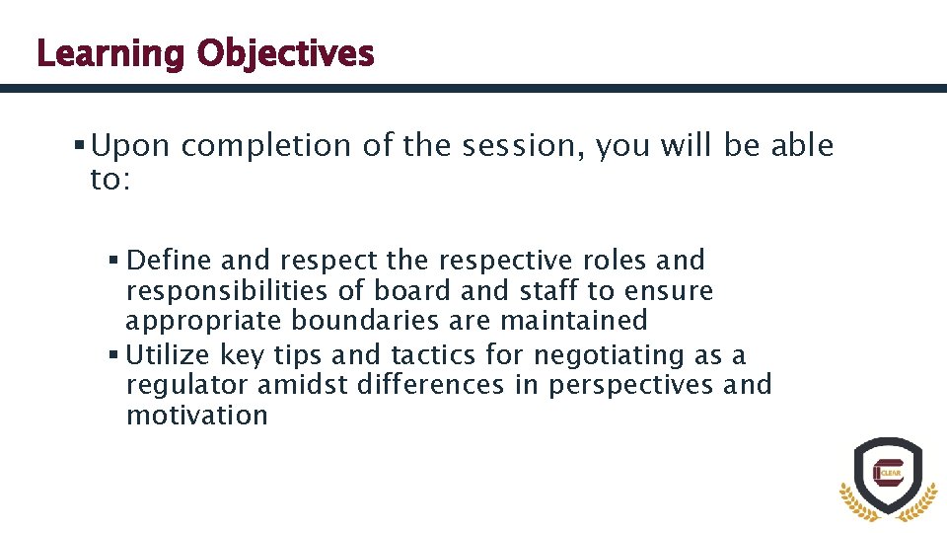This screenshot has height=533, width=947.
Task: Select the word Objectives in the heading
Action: click(x=284, y=53)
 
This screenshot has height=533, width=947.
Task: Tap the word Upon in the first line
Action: click(x=131, y=146)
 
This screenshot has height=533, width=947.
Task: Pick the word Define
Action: click(x=170, y=261)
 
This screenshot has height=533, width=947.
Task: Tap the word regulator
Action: click(x=187, y=385)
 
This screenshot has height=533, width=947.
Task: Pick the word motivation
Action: click(x=196, y=416)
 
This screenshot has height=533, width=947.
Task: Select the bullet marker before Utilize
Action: click(x=114, y=354)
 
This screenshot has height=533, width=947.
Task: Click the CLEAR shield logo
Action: click(x=887, y=476)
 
